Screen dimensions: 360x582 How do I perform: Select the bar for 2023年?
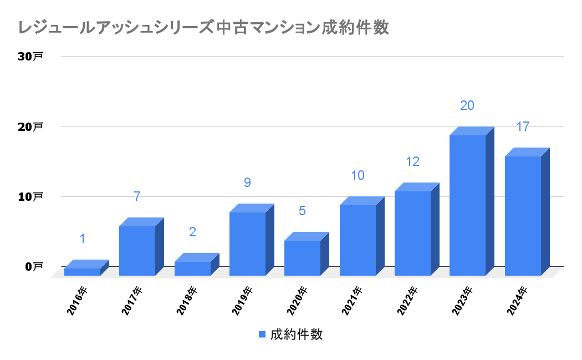467,205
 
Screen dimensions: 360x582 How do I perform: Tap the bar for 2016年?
82,271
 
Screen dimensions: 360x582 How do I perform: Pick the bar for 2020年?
302,258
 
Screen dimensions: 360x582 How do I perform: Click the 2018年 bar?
192,268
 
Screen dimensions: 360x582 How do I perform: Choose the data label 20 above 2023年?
467,105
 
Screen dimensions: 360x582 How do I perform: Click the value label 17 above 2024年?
523,126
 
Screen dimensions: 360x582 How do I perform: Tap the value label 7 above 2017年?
137,196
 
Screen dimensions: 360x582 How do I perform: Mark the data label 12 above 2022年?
412,161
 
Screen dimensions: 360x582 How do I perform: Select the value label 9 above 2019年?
247,182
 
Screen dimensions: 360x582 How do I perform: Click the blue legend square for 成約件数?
262,334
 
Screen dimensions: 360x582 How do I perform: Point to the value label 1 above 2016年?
82,239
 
